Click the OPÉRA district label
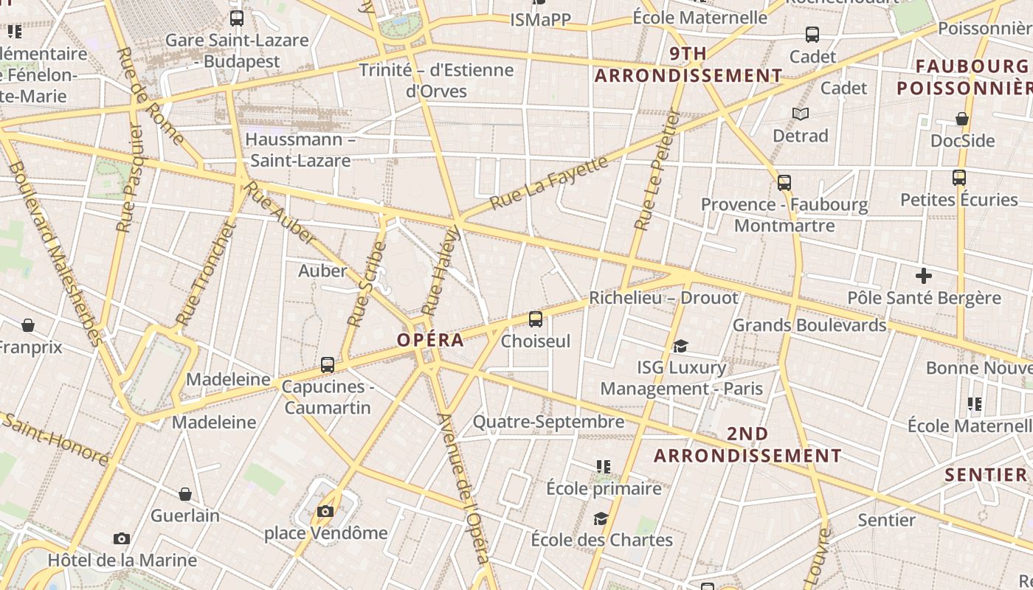coord(431,340)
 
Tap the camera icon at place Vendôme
coord(325,511)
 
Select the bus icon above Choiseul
coord(536,319)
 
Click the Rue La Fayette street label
coord(549,181)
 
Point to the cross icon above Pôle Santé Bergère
coord(923,277)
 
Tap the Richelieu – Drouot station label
coord(663,298)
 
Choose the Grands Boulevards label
coord(809,325)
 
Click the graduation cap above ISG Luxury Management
coord(680,346)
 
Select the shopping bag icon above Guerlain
coord(185,494)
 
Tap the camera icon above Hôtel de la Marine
coord(122,539)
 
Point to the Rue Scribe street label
coord(367,284)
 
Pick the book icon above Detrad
coord(801,114)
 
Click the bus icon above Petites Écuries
coord(959,178)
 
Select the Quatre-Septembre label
coord(548,422)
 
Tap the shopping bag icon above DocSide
coord(962,119)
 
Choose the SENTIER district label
coord(986,474)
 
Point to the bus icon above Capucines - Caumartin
coord(328,364)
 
